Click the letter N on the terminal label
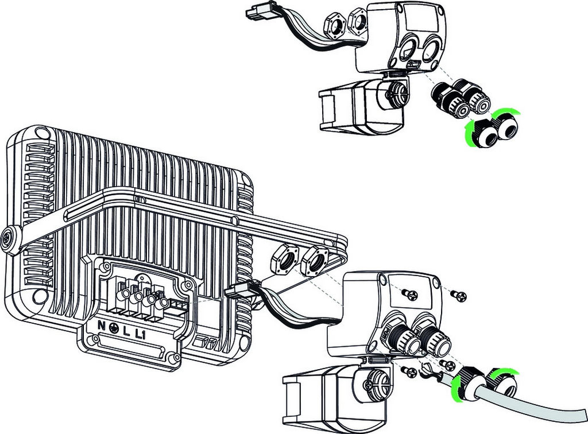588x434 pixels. point(101,325)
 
